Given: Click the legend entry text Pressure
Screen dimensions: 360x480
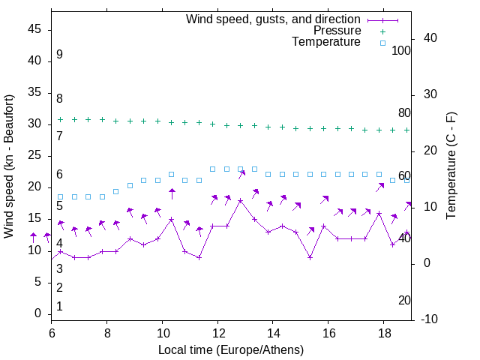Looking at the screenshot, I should (x=337, y=31).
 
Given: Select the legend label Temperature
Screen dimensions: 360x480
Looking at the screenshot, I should (x=326, y=43).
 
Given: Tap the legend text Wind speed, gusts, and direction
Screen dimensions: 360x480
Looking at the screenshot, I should (x=274, y=19).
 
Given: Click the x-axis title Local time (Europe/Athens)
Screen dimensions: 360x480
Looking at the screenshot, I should (x=231, y=350).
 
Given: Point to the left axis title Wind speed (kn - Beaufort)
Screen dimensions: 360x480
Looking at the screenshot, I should (x=9, y=166).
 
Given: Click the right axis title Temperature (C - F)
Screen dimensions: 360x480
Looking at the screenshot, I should (x=451, y=166).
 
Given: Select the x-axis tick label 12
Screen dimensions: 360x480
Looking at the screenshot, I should (x=217, y=332).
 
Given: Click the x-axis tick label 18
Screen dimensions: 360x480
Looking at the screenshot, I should (x=384, y=332).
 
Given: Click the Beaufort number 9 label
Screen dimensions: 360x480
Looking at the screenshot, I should (x=59, y=55).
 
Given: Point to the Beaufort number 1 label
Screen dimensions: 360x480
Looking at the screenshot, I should (x=59, y=306).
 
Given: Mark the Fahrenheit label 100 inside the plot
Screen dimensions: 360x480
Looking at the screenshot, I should (x=402, y=50).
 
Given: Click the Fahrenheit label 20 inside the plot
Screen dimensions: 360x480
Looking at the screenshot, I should (x=404, y=300).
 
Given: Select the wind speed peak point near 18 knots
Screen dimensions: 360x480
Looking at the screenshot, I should (x=240, y=201).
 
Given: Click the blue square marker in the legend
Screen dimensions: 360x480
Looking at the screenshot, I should (x=382, y=43).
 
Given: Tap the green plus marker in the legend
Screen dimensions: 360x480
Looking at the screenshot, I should (x=382, y=31).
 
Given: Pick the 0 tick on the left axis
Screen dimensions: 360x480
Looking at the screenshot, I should (x=38, y=313).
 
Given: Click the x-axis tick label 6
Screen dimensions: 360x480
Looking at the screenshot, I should (x=51, y=332).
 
